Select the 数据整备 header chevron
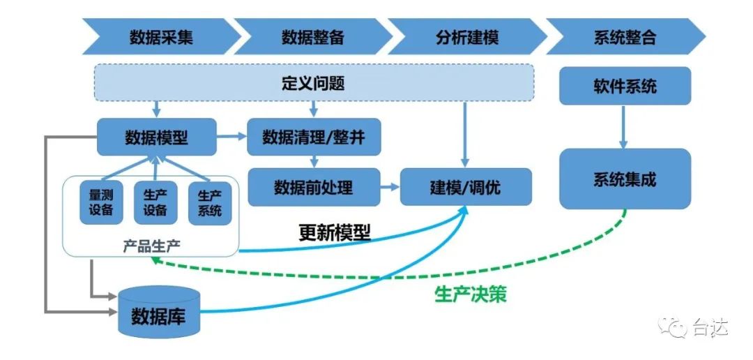click(x=313, y=37)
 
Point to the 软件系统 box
click(x=625, y=87)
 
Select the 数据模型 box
click(x=156, y=137)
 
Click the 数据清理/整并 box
click(x=314, y=137)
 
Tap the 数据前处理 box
click(x=314, y=187)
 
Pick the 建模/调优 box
click(x=465, y=187)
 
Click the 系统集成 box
click(x=625, y=179)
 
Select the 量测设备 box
click(x=100, y=202)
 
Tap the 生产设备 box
click(x=155, y=202)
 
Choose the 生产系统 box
click(x=209, y=202)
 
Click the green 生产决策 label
click(x=470, y=294)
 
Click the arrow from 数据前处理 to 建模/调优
click(x=390, y=187)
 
